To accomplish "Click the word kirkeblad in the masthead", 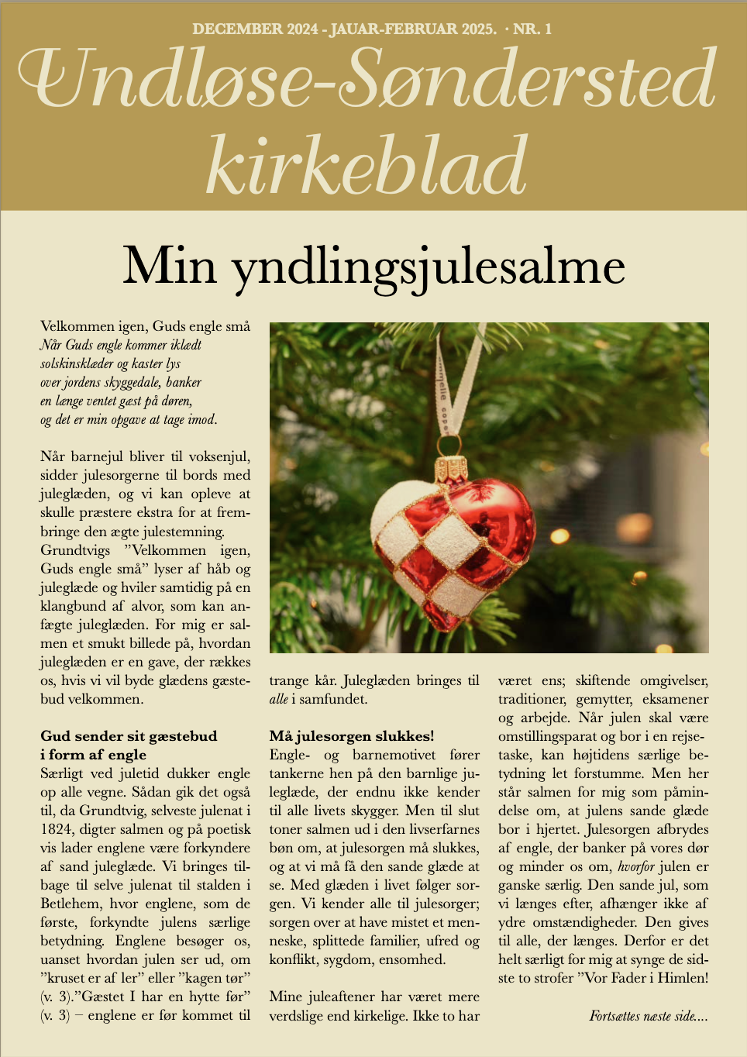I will click(367, 166).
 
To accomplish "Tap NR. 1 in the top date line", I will click(532, 29).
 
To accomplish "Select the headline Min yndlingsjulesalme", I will click(373, 266).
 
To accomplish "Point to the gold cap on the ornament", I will click(451, 470).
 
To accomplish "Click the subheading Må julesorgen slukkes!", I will click(352, 736).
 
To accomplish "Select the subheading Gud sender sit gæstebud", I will click(129, 736).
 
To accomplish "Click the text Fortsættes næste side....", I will click(648, 1015).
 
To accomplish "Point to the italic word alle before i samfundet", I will click(278, 699).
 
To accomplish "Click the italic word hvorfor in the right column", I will click(636, 866).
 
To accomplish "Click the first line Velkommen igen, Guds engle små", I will click(145, 326).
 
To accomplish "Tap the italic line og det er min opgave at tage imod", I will click(129, 420).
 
